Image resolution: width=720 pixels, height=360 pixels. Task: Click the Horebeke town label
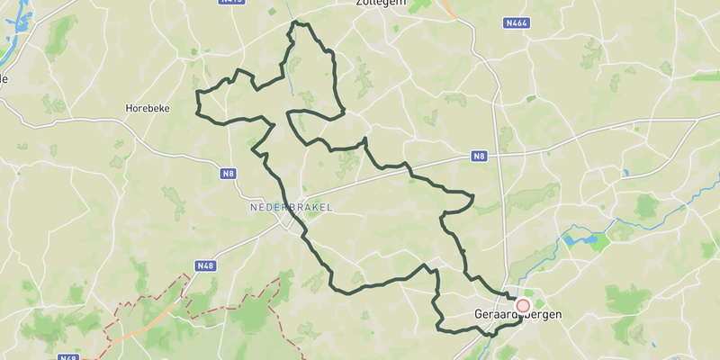(x=143, y=107)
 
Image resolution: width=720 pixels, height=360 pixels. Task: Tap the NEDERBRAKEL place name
(x=291, y=207)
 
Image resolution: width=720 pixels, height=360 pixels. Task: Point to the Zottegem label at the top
(x=381, y=4)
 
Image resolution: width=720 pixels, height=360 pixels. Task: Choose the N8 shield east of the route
(x=479, y=157)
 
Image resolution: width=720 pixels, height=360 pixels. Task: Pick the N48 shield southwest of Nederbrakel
(x=205, y=265)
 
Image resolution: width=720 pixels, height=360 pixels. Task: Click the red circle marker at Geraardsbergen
(x=523, y=306)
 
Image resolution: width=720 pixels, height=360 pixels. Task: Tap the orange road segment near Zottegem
(x=447, y=8)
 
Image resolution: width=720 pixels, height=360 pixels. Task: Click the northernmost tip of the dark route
(x=297, y=22)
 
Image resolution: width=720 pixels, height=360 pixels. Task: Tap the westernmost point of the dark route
(x=196, y=93)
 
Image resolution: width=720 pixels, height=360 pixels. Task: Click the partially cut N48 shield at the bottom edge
(x=67, y=356)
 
